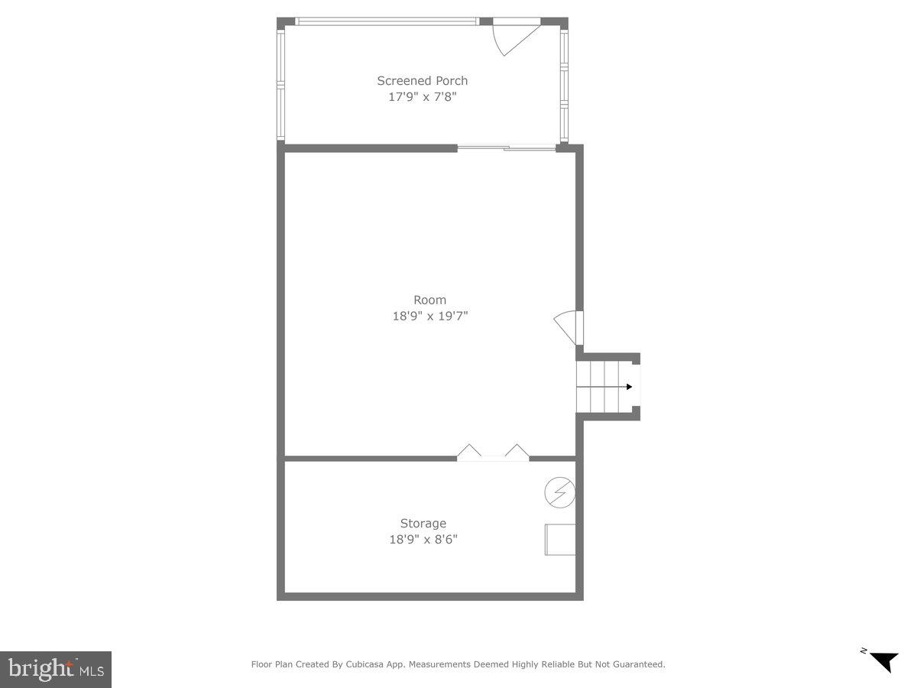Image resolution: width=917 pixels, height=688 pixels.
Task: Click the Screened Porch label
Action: [x=422, y=80]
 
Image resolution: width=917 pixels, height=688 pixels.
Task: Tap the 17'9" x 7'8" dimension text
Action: [x=422, y=97]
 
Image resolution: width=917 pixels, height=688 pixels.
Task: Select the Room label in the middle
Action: [x=429, y=300]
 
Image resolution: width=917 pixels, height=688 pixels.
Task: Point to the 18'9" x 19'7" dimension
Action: [x=429, y=316]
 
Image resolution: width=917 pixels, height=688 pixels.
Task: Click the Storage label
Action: [x=423, y=524]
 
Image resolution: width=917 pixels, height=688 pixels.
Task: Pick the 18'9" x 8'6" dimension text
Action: [x=423, y=540]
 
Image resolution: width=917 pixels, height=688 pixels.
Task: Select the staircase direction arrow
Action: [x=628, y=387]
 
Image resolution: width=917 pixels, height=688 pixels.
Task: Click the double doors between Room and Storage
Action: [x=493, y=453]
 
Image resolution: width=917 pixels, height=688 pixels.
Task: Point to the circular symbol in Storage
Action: [x=559, y=493]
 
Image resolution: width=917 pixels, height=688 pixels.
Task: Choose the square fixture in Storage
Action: [x=560, y=540]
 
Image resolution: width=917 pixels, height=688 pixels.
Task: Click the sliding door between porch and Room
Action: [x=507, y=148]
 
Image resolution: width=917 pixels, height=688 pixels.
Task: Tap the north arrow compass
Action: [x=883, y=660]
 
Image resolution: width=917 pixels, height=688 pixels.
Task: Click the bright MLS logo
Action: [x=56, y=669]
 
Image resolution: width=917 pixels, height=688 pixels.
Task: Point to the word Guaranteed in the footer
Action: [x=637, y=664]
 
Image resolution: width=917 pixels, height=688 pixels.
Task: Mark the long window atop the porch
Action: [x=387, y=21]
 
